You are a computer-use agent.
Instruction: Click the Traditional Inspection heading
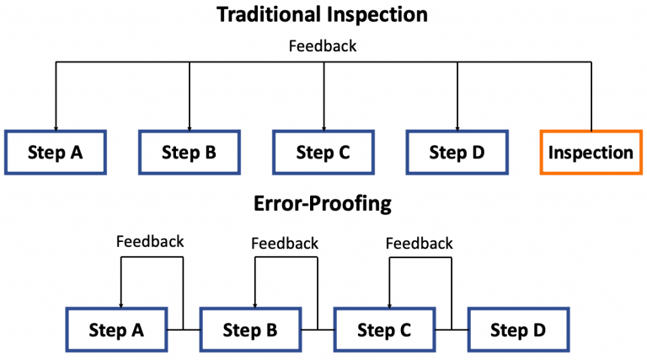[323, 14]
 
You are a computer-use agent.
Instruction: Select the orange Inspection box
[591, 153]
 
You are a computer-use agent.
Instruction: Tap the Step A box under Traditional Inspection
[56, 153]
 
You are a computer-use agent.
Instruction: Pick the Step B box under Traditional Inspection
[189, 153]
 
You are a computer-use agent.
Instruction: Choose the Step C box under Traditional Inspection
[323, 153]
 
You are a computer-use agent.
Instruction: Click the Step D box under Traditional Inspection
[457, 153]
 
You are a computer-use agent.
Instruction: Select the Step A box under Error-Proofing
[116, 330]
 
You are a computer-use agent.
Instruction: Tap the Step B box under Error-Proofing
[250, 330]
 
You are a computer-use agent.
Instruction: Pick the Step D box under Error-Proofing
[518, 330]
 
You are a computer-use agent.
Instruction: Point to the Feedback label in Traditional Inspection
[323, 46]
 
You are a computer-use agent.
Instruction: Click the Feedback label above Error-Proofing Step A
[150, 242]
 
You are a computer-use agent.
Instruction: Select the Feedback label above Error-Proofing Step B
[285, 244]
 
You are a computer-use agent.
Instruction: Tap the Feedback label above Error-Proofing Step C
[420, 244]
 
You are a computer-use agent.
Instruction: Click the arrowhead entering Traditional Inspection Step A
[56, 126]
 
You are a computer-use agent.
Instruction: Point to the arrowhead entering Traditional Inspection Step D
[457, 126]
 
